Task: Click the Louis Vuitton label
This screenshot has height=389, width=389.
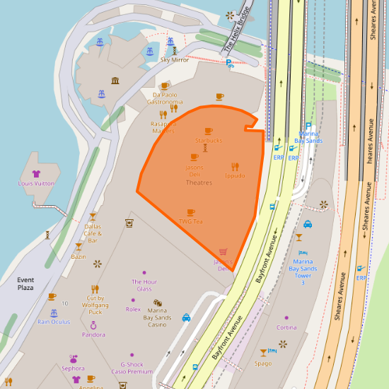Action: pyautogui.click(x=35, y=183)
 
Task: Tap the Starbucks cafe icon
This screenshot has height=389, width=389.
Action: pyautogui.click(x=208, y=131)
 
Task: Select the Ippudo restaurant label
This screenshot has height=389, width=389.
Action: pyautogui.click(x=235, y=175)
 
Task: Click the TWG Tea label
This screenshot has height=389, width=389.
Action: pyautogui.click(x=190, y=221)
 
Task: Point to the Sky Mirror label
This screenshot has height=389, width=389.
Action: pyautogui.click(x=175, y=60)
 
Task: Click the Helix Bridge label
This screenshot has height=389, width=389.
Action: pyautogui.click(x=237, y=36)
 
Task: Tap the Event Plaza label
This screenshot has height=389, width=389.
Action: pyautogui.click(x=25, y=284)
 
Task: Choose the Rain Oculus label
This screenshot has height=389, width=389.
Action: pyautogui.click(x=54, y=322)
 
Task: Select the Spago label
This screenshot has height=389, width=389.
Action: pyautogui.click(x=263, y=364)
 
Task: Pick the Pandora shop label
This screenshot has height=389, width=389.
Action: pyautogui.click(x=93, y=335)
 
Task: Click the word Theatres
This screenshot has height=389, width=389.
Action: pyautogui.click(x=199, y=182)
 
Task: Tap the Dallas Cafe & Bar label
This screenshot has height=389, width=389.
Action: pyautogui.click(x=93, y=233)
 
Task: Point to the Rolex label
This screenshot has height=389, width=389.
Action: pyautogui.click(x=133, y=309)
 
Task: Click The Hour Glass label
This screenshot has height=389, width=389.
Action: pyautogui.click(x=144, y=285)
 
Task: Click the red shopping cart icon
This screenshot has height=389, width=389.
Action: pyautogui.click(x=223, y=252)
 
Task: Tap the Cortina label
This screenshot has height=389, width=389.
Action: pyautogui.click(x=286, y=327)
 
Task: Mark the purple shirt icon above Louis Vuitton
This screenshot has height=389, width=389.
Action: pyautogui.click(x=36, y=173)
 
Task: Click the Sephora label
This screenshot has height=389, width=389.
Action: pyautogui.click(x=73, y=368)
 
